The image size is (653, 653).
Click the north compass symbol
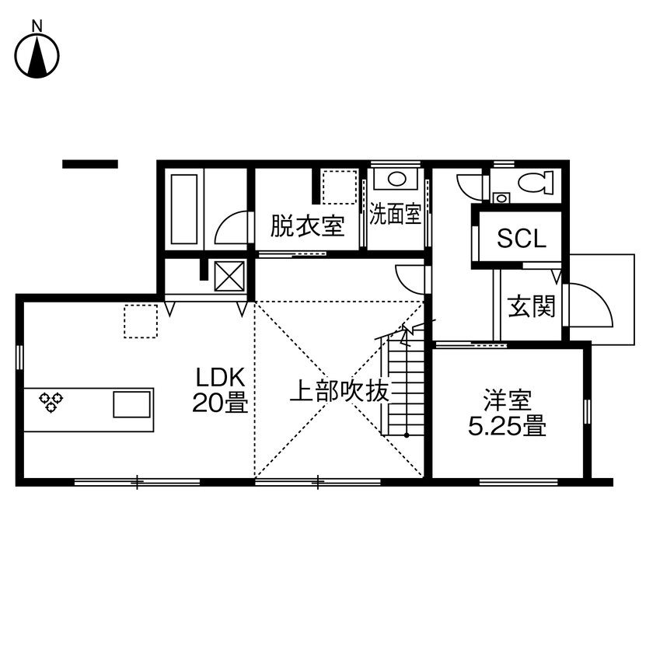click(x=37, y=55)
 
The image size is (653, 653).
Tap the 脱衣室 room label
click(x=307, y=226)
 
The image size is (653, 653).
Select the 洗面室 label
click(x=395, y=215)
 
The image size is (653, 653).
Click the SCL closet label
click(x=522, y=239)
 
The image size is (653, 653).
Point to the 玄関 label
click(x=533, y=308)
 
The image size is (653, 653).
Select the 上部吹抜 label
click(x=338, y=391)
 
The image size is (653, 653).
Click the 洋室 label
click(x=507, y=402)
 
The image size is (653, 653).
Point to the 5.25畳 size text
click(x=507, y=427)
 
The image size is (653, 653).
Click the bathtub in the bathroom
click(x=183, y=208)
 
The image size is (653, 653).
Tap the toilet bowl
click(x=536, y=183)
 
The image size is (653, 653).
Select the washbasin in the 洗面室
click(x=395, y=180)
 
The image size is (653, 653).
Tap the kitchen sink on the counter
click(x=131, y=404)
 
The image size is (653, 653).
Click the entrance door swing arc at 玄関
click(x=592, y=306)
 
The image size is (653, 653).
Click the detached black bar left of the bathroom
click(x=90, y=164)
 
